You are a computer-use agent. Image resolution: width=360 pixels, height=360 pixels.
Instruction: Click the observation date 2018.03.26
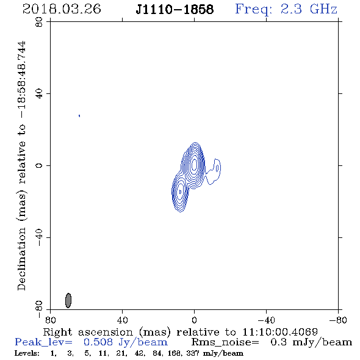pyautogui.click(x=62, y=9)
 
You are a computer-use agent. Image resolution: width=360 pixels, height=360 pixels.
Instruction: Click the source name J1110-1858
pyautogui.click(x=175, y=10)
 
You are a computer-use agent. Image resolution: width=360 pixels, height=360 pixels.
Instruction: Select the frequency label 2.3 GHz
pyautogui.click(x=309, y=9)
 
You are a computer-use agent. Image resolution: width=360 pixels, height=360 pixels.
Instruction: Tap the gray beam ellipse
pyautogui.click(x=68, y=300)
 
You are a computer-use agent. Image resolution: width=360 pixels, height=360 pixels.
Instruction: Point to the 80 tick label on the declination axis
pyautogui.click(x=39, y=22)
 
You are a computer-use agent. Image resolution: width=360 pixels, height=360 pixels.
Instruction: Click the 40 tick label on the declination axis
pyautogui.click(x=39, y=94)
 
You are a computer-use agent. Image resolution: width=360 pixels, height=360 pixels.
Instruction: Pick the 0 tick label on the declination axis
pyautogui.click(x=39, y=165)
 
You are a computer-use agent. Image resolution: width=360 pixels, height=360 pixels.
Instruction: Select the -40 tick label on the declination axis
pyautogui.click(x=39, y=237)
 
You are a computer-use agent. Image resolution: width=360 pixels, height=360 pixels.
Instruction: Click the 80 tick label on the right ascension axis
pyautogui.click(x=50, y=320)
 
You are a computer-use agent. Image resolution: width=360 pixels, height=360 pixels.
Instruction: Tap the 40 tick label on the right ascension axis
pyautogui.click(x=122, y=320)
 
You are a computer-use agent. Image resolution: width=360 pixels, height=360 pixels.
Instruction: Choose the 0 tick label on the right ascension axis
pyautogui.click(x=194, y=320)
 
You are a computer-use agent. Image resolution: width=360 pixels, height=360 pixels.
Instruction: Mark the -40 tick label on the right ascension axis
pyautogui.click(x=266, y=320)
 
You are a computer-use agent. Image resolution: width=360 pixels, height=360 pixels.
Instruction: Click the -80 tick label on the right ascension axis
pyautogui.click(x=338, y=320)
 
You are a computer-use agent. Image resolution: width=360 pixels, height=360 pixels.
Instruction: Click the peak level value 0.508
pyautogui.click(x=98, y=342)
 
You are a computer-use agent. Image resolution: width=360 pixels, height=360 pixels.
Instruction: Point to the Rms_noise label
pyautogui.click(x=225, y=342)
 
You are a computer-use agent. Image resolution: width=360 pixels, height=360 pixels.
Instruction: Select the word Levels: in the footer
pyautogui.click(x=27, y=353)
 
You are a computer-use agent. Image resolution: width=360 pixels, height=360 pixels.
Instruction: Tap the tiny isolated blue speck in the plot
pyautogui.click(x=79, y=116)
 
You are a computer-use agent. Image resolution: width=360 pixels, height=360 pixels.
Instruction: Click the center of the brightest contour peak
pyautogui.click(x=194, y=164)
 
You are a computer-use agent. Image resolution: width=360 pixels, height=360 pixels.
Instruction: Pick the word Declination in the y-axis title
pyautogui.click(x=21, y=259)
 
